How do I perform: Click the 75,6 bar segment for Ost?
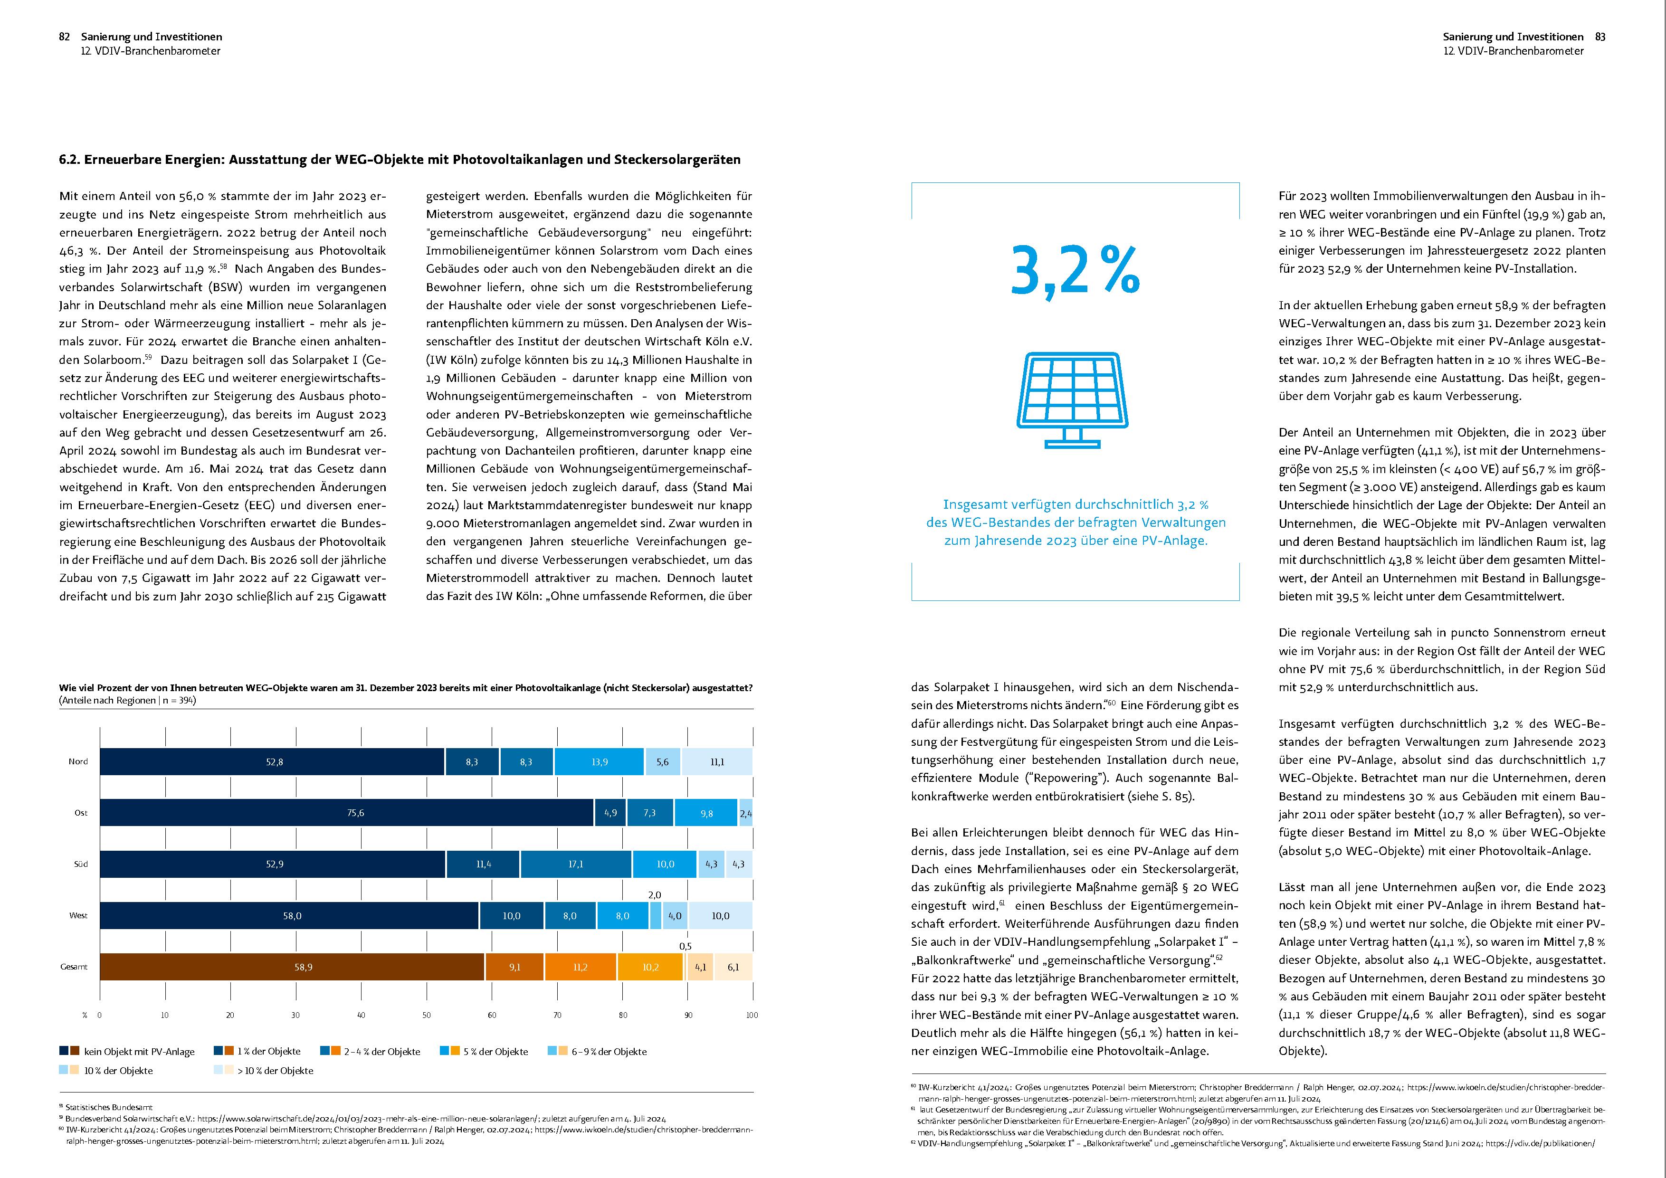(x=347, y=813)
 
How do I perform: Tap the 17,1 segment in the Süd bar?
(x=575, y=864)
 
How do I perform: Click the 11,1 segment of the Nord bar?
(x=717, y=761)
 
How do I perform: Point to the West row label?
(x=78, y=915)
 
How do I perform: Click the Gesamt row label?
(x=74, y=967)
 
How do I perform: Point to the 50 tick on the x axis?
(x=427, y=1015)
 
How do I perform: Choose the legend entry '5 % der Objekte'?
(x=484, y=1051)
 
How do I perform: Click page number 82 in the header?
(x=65, y=36)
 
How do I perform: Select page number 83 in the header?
(x=1600, y=36)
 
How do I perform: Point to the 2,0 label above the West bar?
(x=655, y=895)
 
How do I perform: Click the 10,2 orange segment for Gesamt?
(x=650, y=967)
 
